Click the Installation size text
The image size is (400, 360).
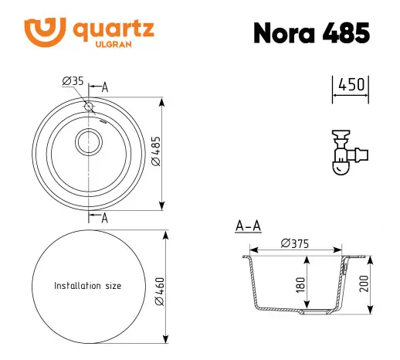click(x=87, y=286)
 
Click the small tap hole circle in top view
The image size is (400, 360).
click(x=89, y=107)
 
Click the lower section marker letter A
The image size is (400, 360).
click(x=104, y=217)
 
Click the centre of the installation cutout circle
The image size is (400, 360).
click(x=87, y=286)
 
